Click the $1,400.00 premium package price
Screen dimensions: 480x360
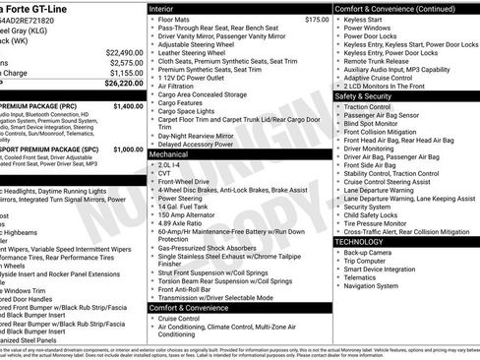pos(129,105)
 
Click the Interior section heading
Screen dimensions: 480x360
pos(161,8)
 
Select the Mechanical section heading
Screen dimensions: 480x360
pos(169,154)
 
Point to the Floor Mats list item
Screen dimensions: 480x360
pos(175,19)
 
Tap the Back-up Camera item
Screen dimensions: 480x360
pos(369,252)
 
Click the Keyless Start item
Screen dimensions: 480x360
pos(363,19)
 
